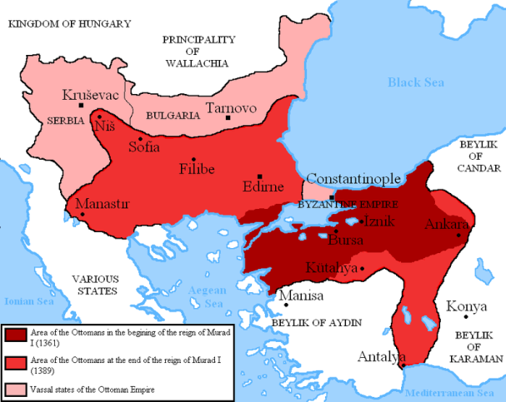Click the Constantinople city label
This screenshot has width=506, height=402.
click(x=353, y=179)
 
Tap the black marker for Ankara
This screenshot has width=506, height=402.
click(x=458, y=236)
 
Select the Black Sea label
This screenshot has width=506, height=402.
click(x=415, y=82)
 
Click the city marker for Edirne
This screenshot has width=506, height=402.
click(x=261, y=176)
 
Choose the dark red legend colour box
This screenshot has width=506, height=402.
click(x=15, y=334)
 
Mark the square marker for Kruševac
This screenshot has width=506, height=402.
click(x=80, y=105)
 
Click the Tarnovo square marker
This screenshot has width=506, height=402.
click(x=228, y=118)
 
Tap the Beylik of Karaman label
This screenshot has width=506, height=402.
click(x=478, y=346)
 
